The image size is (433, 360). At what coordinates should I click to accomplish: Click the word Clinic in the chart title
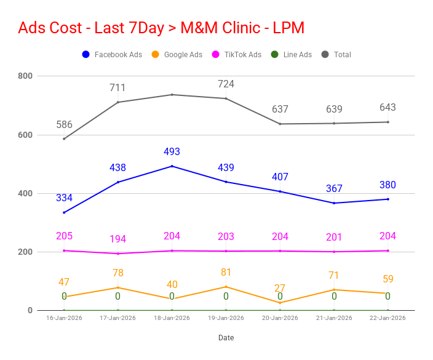(241, 28)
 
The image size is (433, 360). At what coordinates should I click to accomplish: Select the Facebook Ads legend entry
(112, 54)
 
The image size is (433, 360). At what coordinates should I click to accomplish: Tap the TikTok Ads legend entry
(237, 54)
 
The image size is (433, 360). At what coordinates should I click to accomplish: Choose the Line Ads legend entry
(292, 54)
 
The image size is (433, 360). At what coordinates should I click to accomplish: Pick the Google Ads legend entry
(177, 54)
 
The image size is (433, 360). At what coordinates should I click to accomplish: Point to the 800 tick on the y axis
(25, 76)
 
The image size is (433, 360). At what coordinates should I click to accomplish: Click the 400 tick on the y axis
(25, 193)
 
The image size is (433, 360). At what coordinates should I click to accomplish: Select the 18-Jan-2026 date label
(172, 318)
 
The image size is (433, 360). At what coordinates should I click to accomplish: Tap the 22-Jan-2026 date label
(387, 318)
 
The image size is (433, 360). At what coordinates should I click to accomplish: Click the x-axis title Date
(226, 338)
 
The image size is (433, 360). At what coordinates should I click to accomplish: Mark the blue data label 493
(172, 151)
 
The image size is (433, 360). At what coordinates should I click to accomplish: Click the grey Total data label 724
(226, 84)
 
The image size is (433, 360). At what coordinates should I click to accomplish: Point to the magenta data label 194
(117, 239)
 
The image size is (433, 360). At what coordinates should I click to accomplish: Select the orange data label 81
(226, 273)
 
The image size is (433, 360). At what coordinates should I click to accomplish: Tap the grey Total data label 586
(65, 124)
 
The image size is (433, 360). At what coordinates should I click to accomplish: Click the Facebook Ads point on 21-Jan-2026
(334, 203)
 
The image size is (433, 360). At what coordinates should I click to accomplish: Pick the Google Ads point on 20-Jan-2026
(280, 303)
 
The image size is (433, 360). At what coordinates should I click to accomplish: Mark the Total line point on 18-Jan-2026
(172, 95)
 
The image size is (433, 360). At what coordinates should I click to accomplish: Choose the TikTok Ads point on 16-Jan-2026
(64, 250)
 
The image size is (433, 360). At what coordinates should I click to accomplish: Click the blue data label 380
(387, 185)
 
